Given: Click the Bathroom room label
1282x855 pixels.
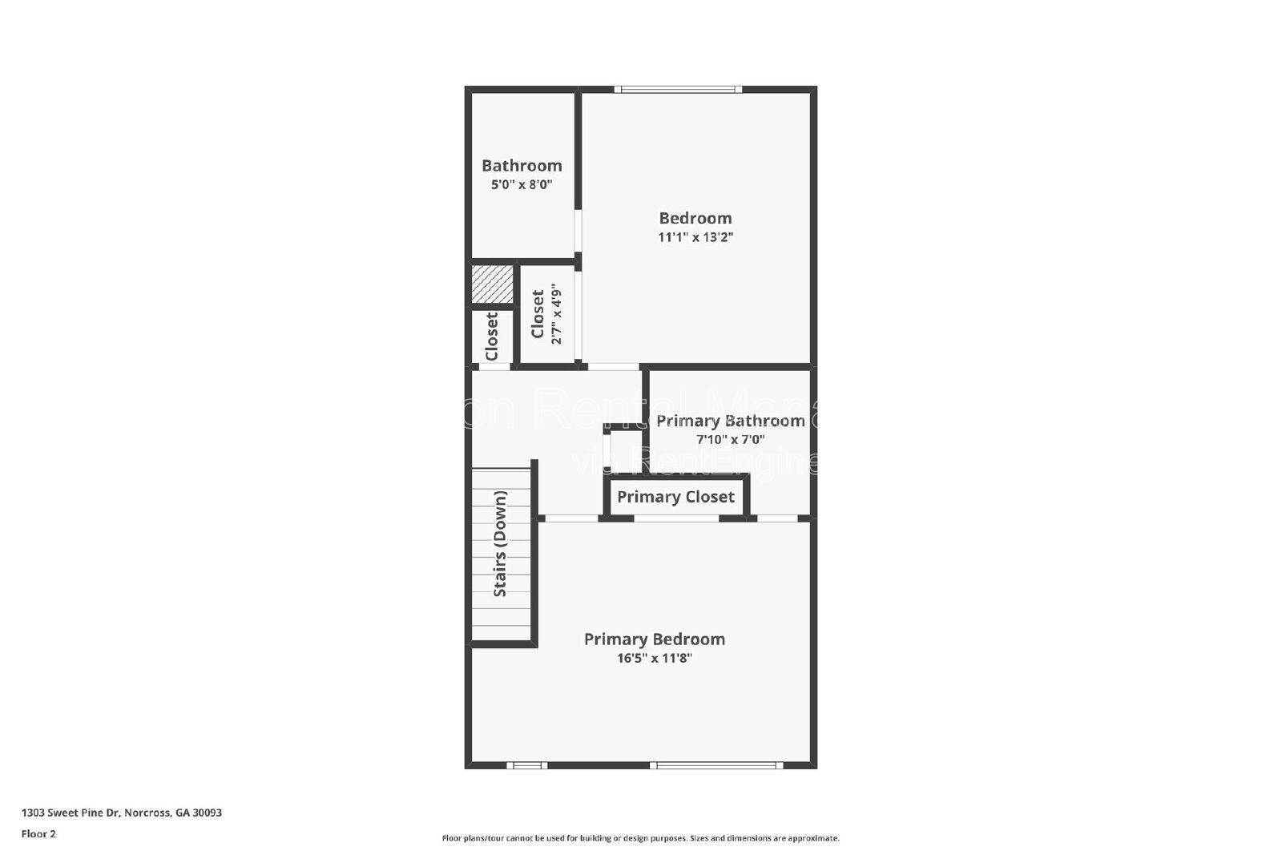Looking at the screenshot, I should tap(522, 166).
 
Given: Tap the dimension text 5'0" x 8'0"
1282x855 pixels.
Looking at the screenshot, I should tap(522, 184).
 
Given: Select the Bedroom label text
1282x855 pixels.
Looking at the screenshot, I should tap(695, 218).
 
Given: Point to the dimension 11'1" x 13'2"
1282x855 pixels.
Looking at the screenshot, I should tap(695, 237).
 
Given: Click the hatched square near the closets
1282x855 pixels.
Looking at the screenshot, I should tap(492, 284).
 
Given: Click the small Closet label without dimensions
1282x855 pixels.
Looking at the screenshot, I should tap(491, 337).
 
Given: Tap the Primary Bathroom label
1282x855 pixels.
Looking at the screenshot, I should tap(730, 421).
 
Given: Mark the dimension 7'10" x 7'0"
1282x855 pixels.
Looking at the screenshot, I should tap(730, 439).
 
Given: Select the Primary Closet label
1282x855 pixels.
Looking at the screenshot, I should tap(675, 497).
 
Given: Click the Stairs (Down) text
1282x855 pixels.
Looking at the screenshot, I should tap(500, 543).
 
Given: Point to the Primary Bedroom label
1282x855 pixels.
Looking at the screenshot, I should tap(654, 639).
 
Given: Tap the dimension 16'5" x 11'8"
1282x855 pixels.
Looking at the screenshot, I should tap(654, 659).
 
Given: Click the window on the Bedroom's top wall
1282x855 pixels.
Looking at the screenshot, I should tap(678, 89).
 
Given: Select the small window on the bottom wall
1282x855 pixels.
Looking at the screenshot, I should tap(527, 765).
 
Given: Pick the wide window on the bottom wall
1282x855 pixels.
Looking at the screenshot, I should tap(716, 765).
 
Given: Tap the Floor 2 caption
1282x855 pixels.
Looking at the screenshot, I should tap(38, 833).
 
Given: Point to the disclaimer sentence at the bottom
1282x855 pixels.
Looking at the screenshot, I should tap(640, 838).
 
